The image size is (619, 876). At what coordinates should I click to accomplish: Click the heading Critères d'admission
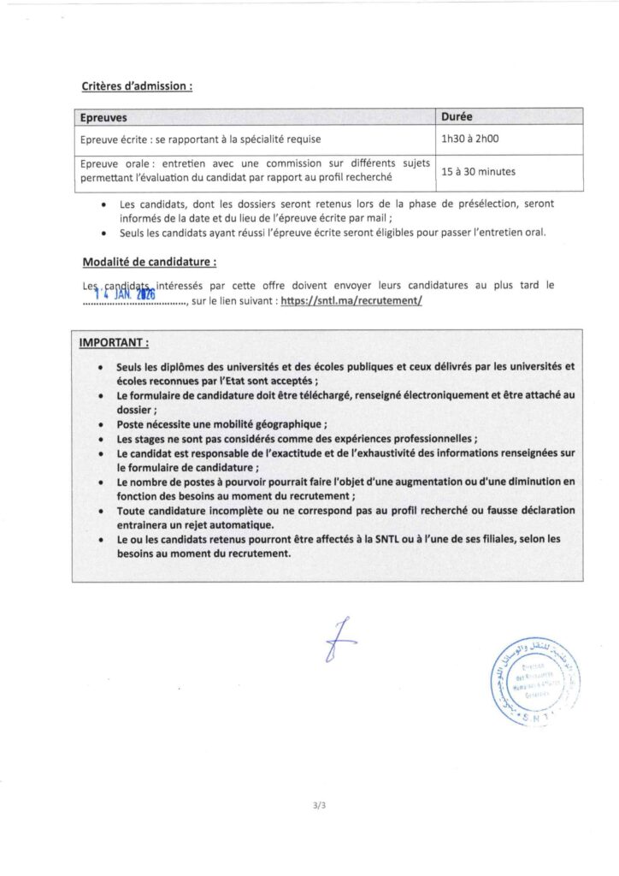pyautogui.click(x=137, y=86)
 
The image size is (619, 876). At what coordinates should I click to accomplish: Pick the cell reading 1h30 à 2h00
pyautogui.click(x=469, y=138)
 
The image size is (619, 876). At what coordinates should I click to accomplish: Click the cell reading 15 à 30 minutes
pyautogui.click(x=478, y=171)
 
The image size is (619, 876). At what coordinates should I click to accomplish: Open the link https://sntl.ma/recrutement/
pyautogui.click(x=351, y=301)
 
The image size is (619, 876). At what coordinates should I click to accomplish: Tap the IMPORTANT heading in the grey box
pyautogui.click(x=114, y=343)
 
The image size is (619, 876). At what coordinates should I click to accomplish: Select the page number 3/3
pyautogui.click(x=321, y=806)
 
